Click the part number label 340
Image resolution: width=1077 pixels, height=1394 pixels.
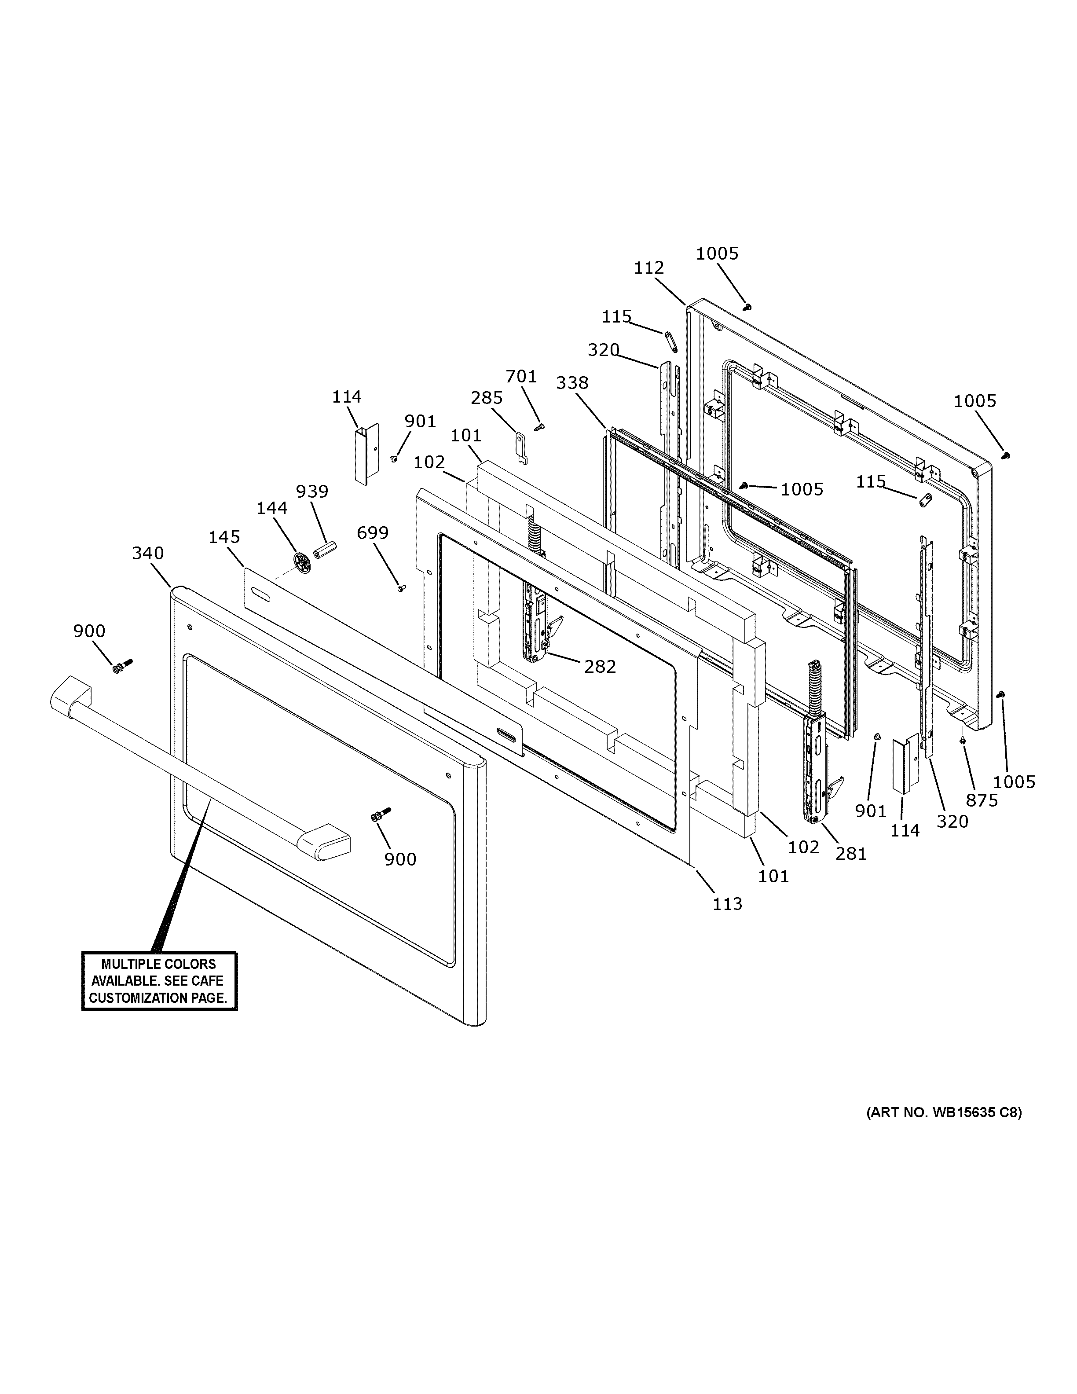coord(148,554)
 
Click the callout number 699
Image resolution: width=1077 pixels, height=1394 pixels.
coord(373,532)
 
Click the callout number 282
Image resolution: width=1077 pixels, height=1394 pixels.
coord(600,666)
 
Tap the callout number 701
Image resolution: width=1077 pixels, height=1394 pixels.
coord(521,377)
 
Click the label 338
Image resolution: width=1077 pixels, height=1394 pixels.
coord(572,383)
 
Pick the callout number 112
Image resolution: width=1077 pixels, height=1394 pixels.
coord(649,268)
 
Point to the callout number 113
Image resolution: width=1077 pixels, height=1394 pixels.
coord(727,904)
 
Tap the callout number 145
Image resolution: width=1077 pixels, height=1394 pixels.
coord(224,537)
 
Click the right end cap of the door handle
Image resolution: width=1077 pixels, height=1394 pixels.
coord(324,842)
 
